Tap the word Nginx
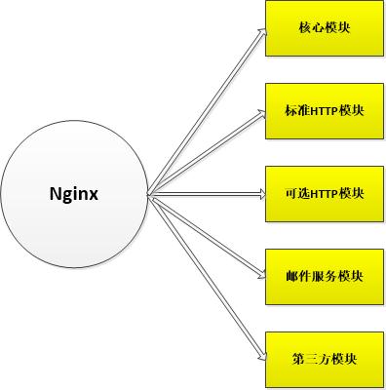coord(76,193)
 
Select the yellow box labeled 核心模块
coord(325,27)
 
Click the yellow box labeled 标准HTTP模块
coord(325,110)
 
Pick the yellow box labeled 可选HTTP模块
coord(325,193)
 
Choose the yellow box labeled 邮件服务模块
coord(325,276)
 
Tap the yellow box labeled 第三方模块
coord(325,359)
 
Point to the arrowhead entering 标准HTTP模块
coord(260,112)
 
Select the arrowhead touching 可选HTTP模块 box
coord(260,193)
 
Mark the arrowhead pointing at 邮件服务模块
coord(260,274)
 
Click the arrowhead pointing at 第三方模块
coord(260,355)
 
